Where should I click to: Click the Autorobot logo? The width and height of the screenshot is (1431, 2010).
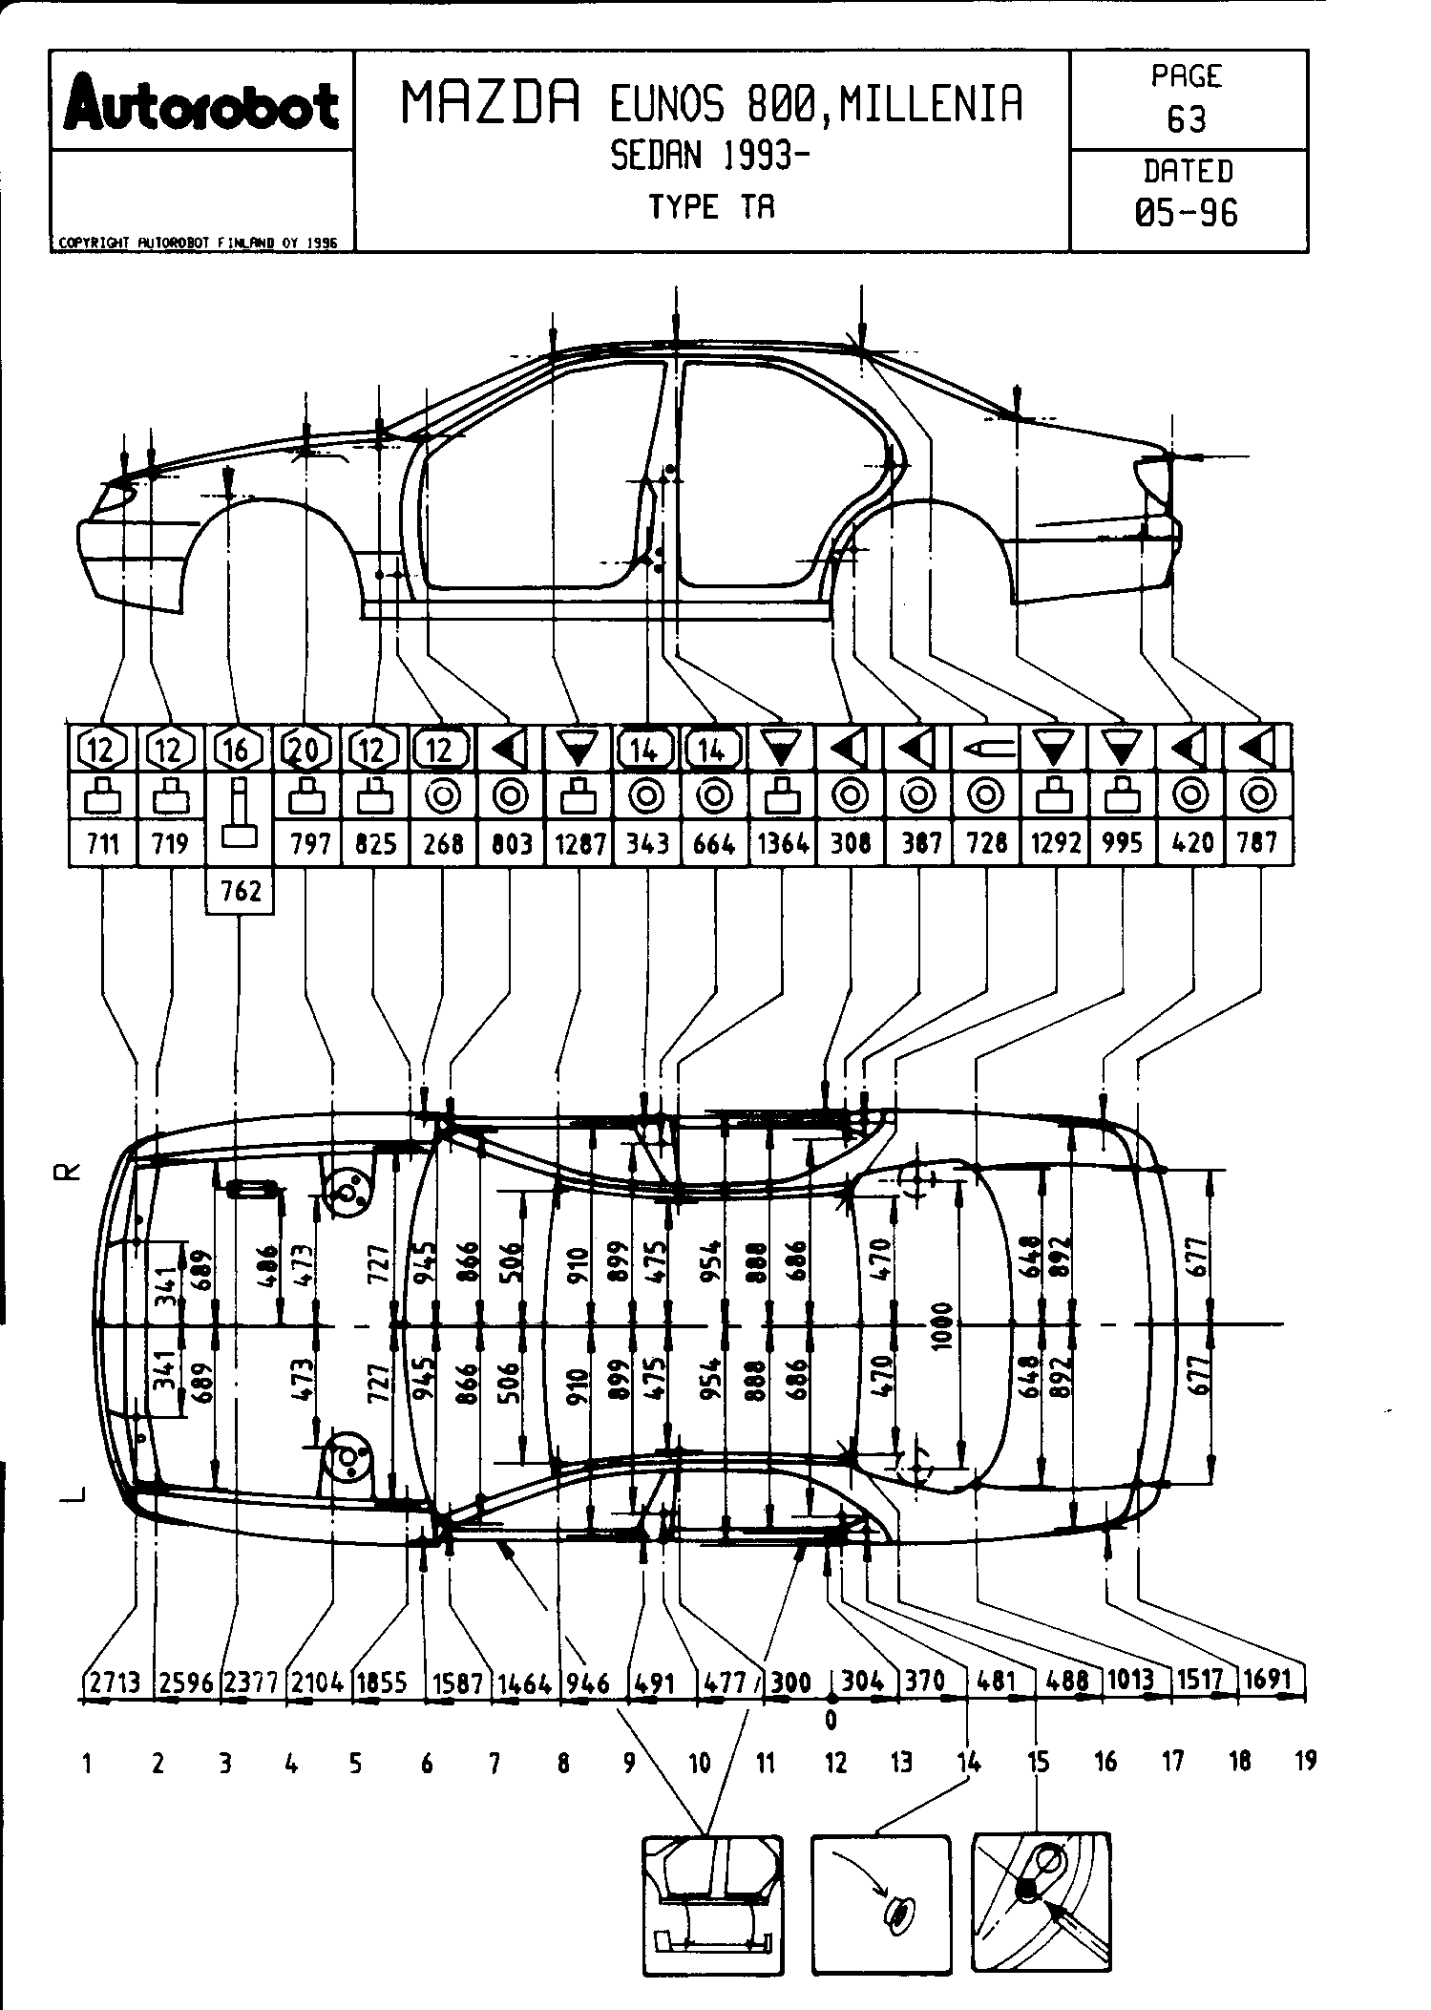pyautogui.click(x=200, y=104)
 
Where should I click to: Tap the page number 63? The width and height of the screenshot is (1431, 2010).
pyautogui.click(x=1187, y=119)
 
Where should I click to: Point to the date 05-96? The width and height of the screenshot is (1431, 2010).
pyautogui.click(x=1187, y=212)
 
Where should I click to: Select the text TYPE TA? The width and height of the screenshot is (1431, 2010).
pyautogui.click(x=711, y=206)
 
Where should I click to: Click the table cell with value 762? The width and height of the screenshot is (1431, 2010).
pyautogui.click(x=240, y=891)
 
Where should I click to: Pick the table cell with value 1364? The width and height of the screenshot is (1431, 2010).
pyautogui.click(x=782, y=843)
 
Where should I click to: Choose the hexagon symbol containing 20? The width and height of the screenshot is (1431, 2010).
pyautogui.click(x=305, y=750)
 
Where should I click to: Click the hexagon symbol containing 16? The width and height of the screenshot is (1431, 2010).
pyautogui.click(x=238, y=750)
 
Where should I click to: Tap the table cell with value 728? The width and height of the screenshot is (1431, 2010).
pyautogui.click(x=987, y=843)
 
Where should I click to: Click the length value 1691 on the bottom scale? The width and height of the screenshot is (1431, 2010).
pyautogui.click(x=1269, y=1680)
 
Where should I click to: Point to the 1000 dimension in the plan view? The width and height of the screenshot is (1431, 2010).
pyautogui.click(x=943, y=1324)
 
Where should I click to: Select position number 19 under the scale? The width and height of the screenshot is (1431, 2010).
pyautogui.click(x=1305, y=1760)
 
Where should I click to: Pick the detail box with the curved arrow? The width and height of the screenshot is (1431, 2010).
pyautogui.click(x=881, y=1905)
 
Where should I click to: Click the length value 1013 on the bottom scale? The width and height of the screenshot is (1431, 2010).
pyautogui.click(x=1131, y=1680)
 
